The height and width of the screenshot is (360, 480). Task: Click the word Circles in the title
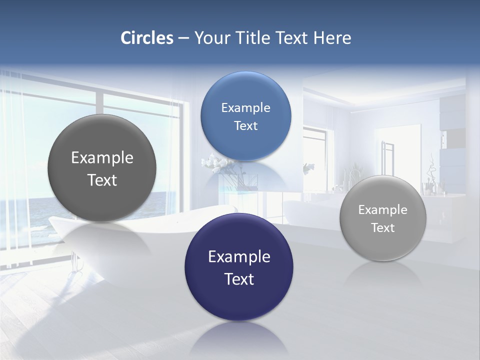(x=146, y=38)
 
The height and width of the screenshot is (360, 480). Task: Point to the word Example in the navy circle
(x=239, y=257)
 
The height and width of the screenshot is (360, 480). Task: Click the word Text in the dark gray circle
(x=102, y=180)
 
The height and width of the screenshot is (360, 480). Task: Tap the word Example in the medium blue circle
(x=245, y=108)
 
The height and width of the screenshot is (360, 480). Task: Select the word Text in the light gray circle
(x=383, y=228)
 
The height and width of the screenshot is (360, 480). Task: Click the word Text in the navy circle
(x=239, y=279)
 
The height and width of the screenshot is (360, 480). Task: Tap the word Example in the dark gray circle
(x=102, y=158)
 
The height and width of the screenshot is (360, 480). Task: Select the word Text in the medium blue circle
(x=245, y=126)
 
